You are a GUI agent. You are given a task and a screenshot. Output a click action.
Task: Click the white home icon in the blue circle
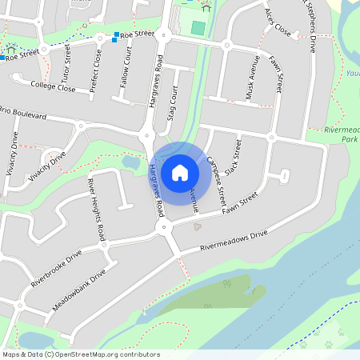pyautogui.click(x=180, y=172)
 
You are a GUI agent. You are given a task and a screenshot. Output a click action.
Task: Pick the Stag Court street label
pyautogui.click(x=171, y=105)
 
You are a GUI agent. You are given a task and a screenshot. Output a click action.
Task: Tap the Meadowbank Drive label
pyautogui.click(x=79, y=290)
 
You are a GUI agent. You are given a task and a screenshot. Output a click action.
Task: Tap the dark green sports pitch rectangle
pyautogui.click(x=198, y=29)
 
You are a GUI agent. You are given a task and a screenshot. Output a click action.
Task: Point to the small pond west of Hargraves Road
pyautogui.click(x=130, y=162)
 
